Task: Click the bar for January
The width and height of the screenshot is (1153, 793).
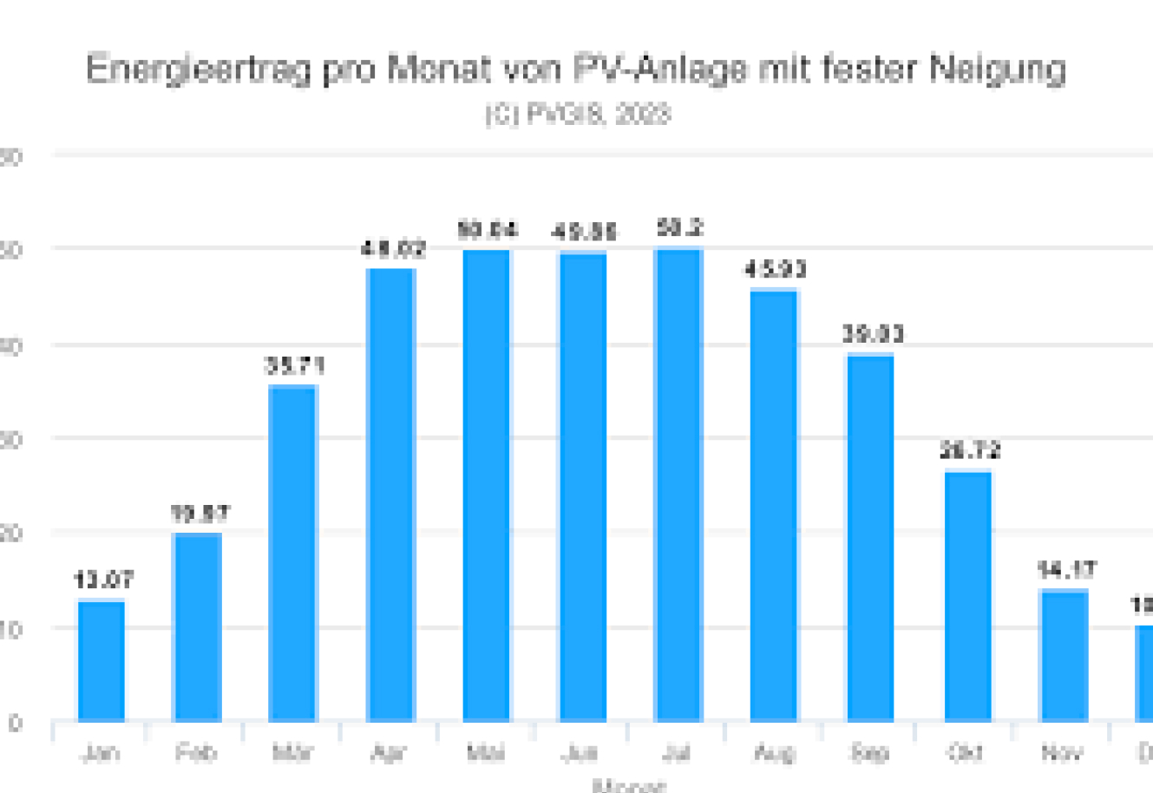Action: pyautogui.click(x=102, y=660)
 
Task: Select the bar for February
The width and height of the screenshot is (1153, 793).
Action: pyautogui.click(x=198, y=626)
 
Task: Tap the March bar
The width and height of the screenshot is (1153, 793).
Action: pyautogui.click(x=293, y=553)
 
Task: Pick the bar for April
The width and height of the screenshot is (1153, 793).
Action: pyautogui.click(x=391, y=495)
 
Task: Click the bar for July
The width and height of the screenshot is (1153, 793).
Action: pyautogui.click(x=678, y=485)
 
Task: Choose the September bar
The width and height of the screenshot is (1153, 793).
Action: pyautogui.click(x=870, y=537)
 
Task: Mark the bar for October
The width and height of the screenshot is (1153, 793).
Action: pyautogui.click(x=967, y=596)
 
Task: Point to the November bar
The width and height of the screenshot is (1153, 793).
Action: pyautogui.click(x=1063, y=655)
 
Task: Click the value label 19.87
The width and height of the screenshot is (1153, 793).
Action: pyautogui.click(x=199, y=514)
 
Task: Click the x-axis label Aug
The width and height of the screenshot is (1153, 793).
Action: pyautogui.click(x=774, y=752)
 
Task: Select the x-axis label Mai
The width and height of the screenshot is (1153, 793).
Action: pyautogui.click(x=486, y=752)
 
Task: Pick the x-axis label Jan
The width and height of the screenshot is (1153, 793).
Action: pyautogui.click(x=101, y=752)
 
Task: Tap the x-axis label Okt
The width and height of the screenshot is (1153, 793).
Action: pyautogui.click(x=966, y=752)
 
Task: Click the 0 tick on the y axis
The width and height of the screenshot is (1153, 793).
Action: pyautogui.click(x=15, y=723)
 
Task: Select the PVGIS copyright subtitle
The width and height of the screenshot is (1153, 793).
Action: pyautogui.click(x=577, y=115)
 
